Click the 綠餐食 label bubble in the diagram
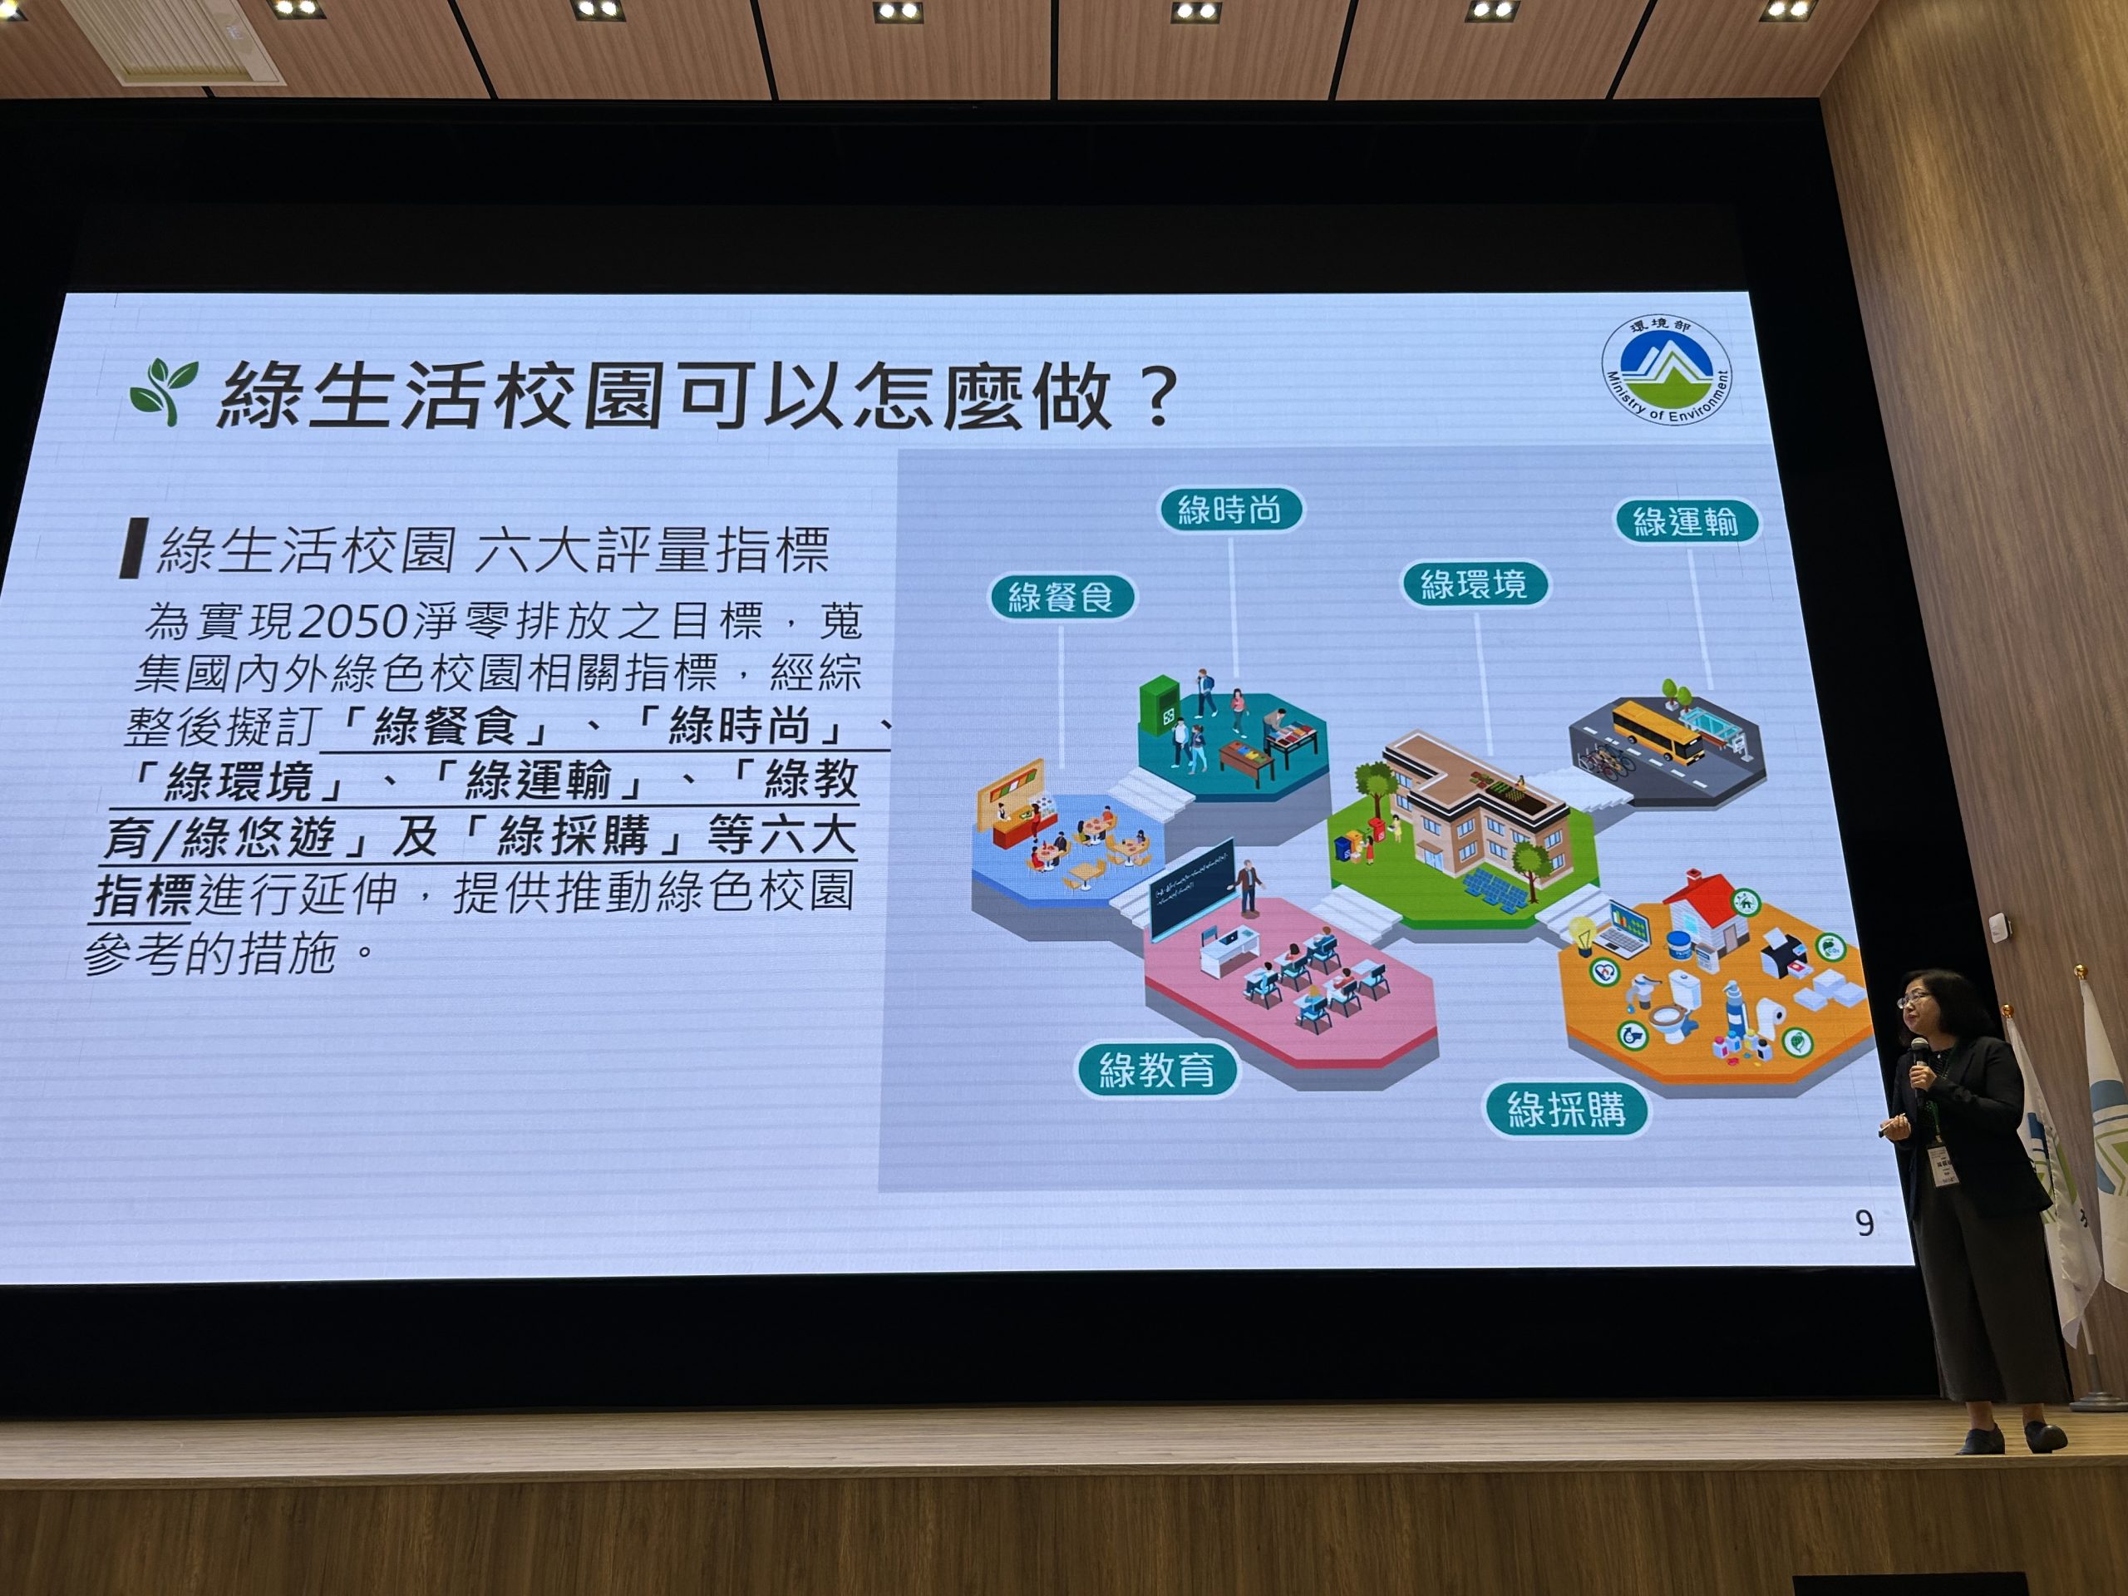[x=1062, y=598]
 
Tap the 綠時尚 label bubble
[x=1230, y=509]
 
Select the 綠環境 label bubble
[x=1475, y=583]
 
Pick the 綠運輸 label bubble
[x=1687, y=521]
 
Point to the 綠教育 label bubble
[x=1156, y=1069]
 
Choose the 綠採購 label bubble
[x=1566, y=1108]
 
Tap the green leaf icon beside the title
[x=165, y=390]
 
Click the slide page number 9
[x=1864, y=1223]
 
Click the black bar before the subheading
[x=134, y=548]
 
